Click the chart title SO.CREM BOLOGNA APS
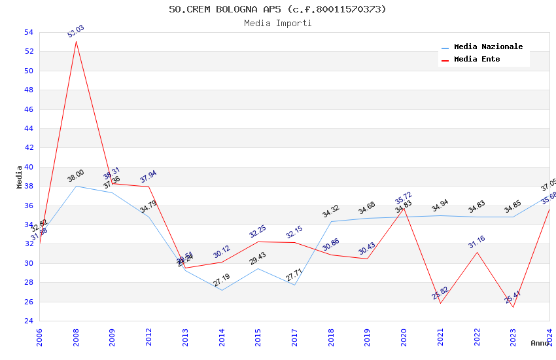[277, 9]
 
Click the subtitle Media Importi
[277, 23]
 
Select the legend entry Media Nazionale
[488, 46]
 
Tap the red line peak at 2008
[76, 41]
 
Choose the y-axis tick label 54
[28, 32]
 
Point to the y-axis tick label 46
[28, 109]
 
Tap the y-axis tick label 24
[28, 321]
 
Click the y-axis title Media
[20, 177]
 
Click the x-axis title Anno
[540, 343]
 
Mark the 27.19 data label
[222, 280]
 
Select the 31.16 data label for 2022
[476, 243]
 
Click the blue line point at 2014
[222, 290]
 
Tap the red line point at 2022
[476, 252]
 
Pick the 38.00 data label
[76, 176]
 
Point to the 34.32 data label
[331, 211]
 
